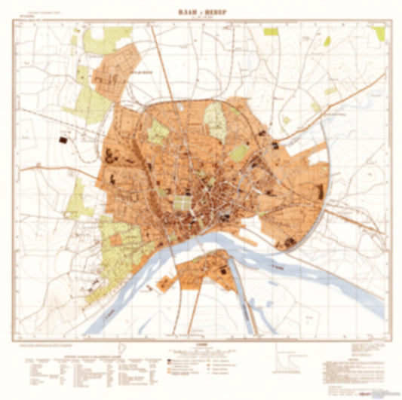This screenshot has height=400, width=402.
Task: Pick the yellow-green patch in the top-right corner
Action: coord(379,34)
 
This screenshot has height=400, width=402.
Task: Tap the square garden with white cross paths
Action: coord(183,203)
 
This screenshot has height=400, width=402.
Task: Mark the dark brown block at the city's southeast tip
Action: coord(289,242)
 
